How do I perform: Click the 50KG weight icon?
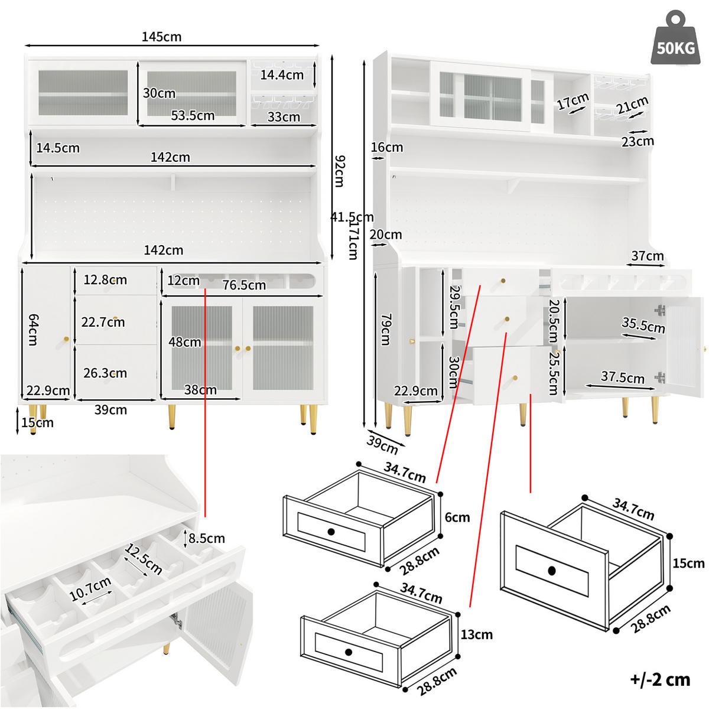point(675,38)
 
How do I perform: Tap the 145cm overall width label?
point(161,37)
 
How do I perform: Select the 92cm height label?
point(340,171)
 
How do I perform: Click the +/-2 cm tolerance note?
point(661,679)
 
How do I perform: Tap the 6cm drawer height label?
point(457,517)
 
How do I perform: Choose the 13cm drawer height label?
point(476,634)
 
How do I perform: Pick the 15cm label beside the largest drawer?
point(688,564)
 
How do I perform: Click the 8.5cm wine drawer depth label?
point(206,539)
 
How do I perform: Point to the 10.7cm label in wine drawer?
point(90,588)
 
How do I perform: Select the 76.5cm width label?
point(244,285)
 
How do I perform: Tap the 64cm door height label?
point(33,330)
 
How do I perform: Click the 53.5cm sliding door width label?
point(193,116)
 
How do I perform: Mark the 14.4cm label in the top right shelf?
point(282,75)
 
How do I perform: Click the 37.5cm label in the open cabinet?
point(623,377)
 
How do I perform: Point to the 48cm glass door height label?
point(185,342)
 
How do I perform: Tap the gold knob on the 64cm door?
point(66,339)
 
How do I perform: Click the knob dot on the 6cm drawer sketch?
point(331,532)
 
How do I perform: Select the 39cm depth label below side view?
point(382,444)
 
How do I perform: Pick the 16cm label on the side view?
point(387,148)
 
